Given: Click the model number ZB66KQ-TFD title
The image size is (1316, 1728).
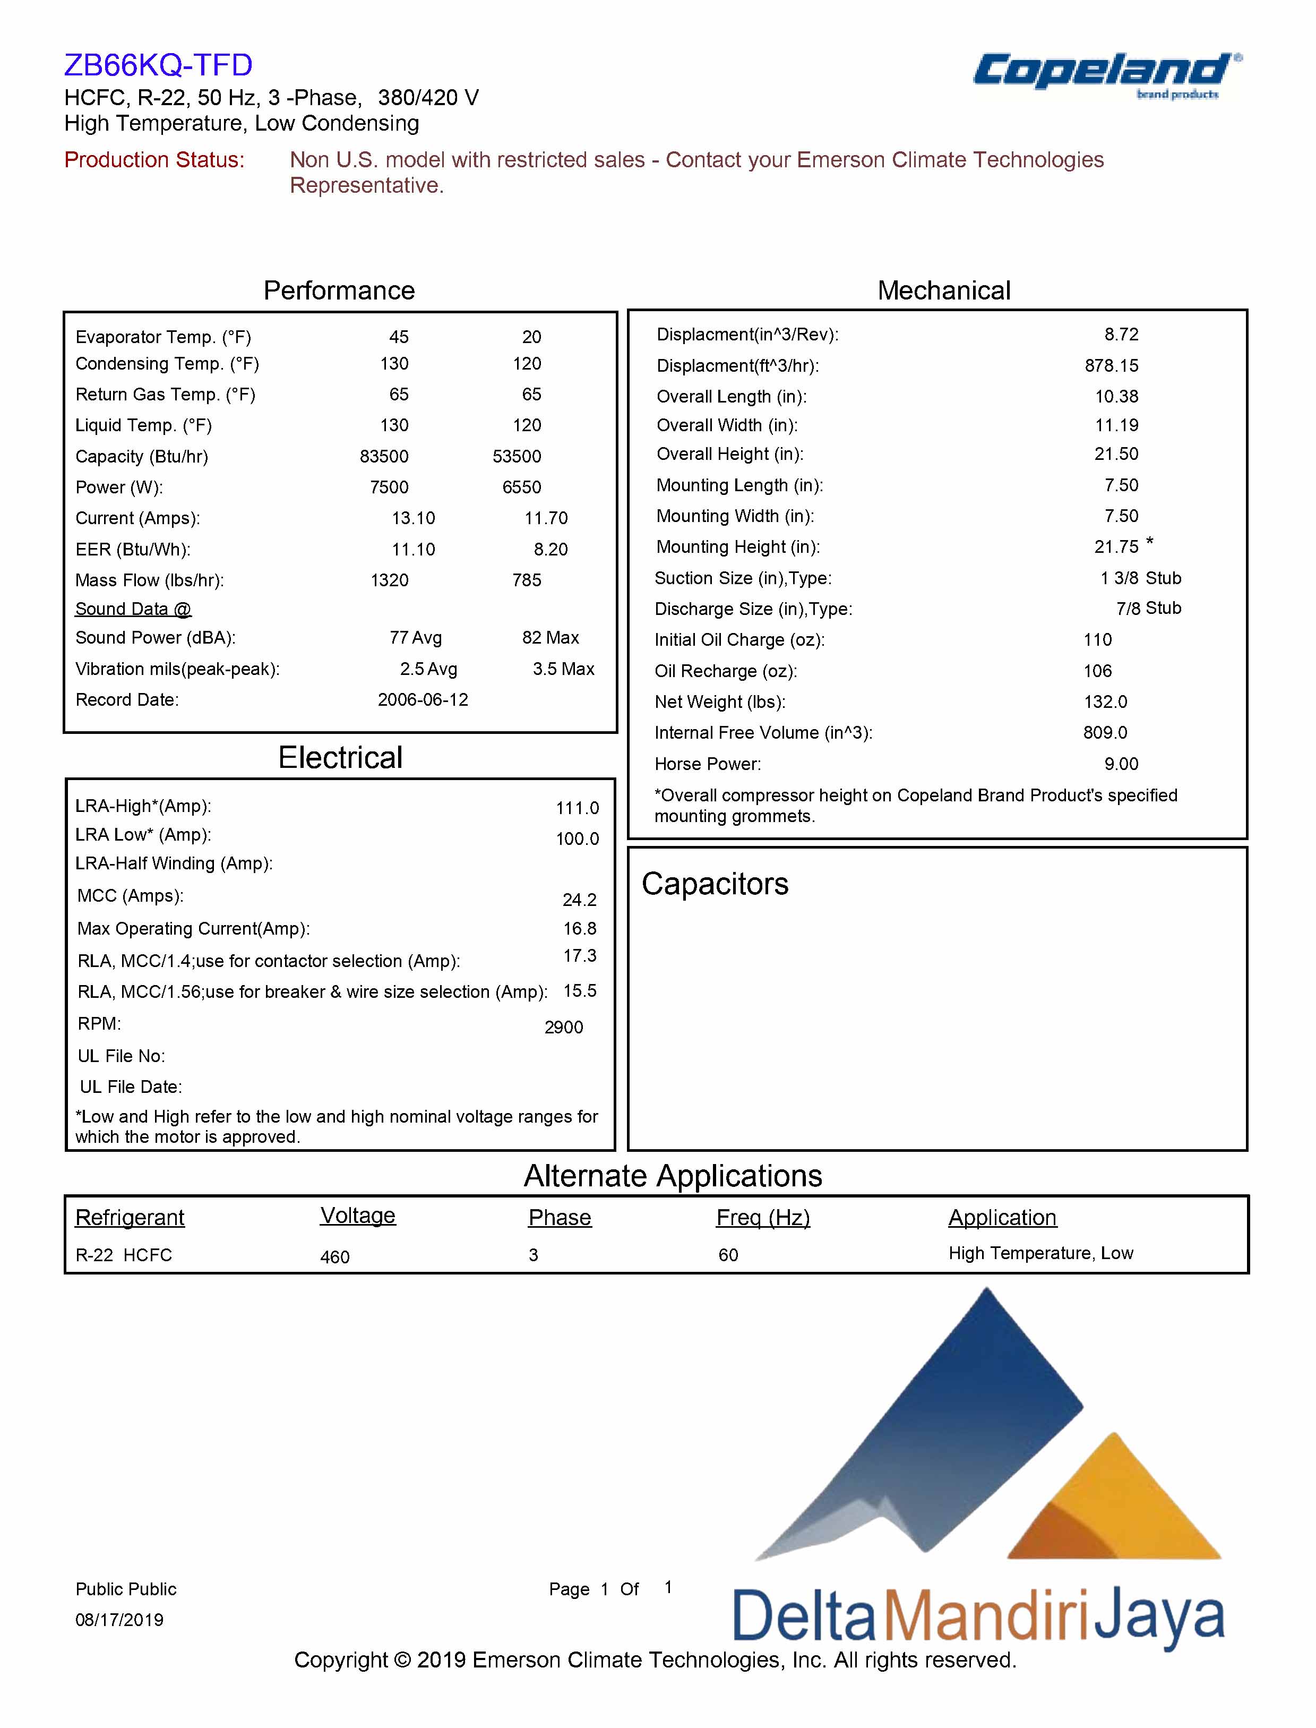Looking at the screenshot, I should click(158, 65).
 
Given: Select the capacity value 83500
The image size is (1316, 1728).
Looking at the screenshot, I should click(384, 456).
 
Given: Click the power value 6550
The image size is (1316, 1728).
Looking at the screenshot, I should click(522, 487).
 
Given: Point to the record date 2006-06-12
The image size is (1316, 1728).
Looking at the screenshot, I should click(423, 700).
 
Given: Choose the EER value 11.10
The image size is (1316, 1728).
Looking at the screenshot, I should click(413, 549).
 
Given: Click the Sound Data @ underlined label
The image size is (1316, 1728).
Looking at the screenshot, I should click(133, 609).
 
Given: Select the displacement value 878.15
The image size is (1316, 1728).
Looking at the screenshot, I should click(1112, 366).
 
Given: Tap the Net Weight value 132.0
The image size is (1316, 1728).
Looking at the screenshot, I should click(1105, 702).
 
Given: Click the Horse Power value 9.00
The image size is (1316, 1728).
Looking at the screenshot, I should click(1121, 764).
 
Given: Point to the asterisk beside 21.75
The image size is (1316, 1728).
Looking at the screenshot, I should click(1149, 542).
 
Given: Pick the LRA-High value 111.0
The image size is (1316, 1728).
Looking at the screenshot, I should click(578, 808).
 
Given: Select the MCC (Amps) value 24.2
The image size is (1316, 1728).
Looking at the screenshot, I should click(580, 900).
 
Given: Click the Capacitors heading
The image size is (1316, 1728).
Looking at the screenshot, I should click(715, 884).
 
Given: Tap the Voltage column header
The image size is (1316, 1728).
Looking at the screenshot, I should click(358, 1216).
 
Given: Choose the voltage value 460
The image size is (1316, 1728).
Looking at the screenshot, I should click(334, 1257).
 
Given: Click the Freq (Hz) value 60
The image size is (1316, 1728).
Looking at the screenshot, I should click(728, 1255).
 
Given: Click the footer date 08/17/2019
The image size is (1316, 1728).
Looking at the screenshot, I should click(119, 1619).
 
